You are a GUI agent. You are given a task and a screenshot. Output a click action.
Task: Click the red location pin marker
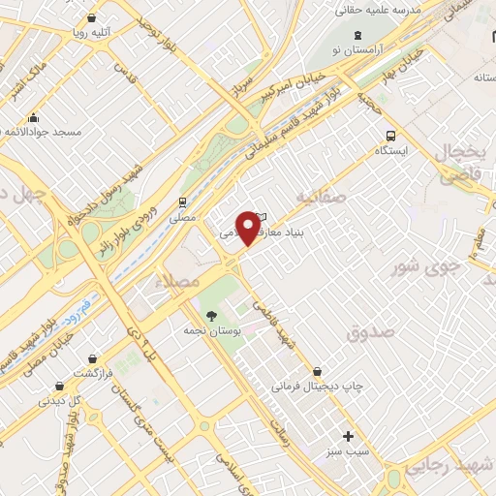(250, 227)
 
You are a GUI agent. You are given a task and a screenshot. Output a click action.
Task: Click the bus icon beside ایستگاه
(390, 136)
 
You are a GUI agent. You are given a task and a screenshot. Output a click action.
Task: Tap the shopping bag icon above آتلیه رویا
(91, 16)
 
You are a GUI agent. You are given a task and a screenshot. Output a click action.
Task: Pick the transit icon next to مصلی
(182, 201)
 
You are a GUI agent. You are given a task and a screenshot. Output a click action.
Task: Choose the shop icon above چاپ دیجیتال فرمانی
(318, 371)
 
